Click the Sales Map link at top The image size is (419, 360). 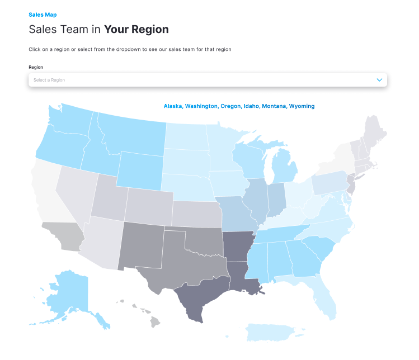[43, 15]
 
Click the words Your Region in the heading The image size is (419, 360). [136, 30]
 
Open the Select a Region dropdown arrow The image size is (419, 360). [379, 80]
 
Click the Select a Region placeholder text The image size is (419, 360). [49, 80]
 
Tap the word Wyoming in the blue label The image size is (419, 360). [302, 106]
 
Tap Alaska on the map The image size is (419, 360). [64, 291]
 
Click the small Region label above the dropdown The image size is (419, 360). [36, 67]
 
